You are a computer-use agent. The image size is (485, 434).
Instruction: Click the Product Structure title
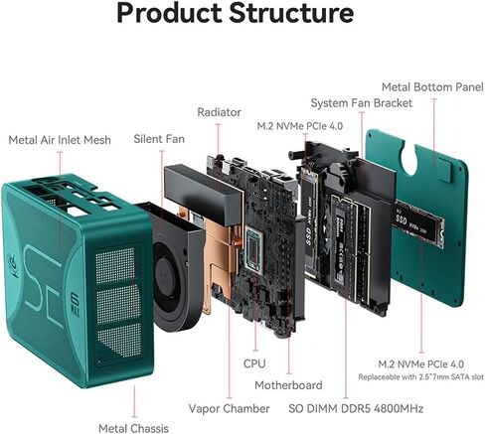236,13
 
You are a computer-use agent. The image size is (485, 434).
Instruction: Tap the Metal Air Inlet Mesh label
60,140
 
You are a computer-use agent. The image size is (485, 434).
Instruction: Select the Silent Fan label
159,139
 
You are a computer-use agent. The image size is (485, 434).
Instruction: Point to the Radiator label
219,112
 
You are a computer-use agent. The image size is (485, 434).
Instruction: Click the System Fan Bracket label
362,103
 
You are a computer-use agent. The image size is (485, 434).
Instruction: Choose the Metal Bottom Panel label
432,87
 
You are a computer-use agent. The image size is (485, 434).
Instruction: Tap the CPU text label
254,363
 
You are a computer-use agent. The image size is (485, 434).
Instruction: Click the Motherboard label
288,385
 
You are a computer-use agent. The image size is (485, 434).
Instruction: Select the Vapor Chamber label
229,408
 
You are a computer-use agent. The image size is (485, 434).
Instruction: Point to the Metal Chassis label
133,428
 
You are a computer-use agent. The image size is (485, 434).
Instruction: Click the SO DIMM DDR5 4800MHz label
356,408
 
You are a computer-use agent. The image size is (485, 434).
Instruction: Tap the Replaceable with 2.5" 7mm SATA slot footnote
421,377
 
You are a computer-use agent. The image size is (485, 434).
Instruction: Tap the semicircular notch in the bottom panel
413,157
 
